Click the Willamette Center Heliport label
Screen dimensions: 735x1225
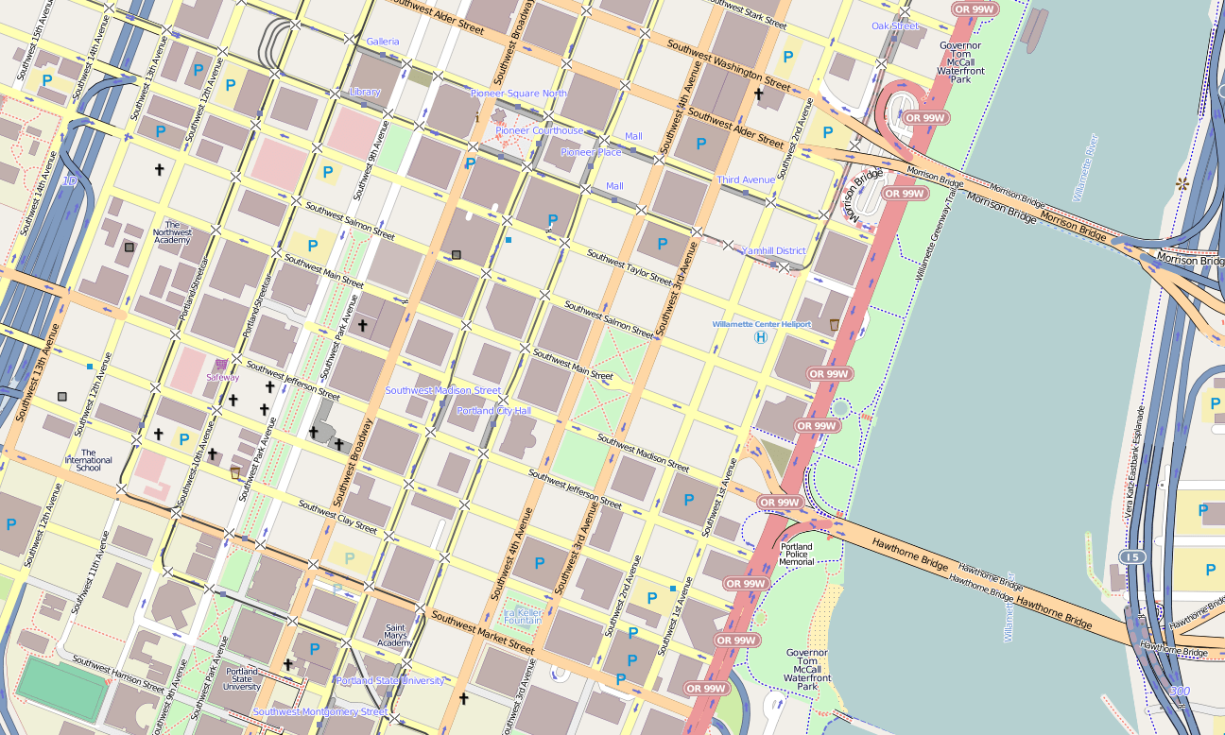pos(761,324)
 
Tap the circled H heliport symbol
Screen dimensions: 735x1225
pos(760,337)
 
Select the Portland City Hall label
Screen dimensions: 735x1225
pos(493,411)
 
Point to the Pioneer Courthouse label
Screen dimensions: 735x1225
pos(539,130)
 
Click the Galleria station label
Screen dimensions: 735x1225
pos(383,42)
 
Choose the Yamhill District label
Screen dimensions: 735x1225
pos(773,251)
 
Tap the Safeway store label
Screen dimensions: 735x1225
pos(223,377)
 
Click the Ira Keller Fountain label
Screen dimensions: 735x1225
pos(523,616)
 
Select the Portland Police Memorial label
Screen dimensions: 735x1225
pos(797,554)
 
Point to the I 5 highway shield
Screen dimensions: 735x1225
pos(1132,557)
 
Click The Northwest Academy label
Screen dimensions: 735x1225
pos(172,232)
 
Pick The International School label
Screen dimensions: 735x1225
pos(88,460)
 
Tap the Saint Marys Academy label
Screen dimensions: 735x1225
pos(395,635)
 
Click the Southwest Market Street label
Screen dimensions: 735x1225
pos(483,633)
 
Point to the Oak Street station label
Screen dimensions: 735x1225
pos(895,26)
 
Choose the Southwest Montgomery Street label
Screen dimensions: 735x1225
pos(319,711)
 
